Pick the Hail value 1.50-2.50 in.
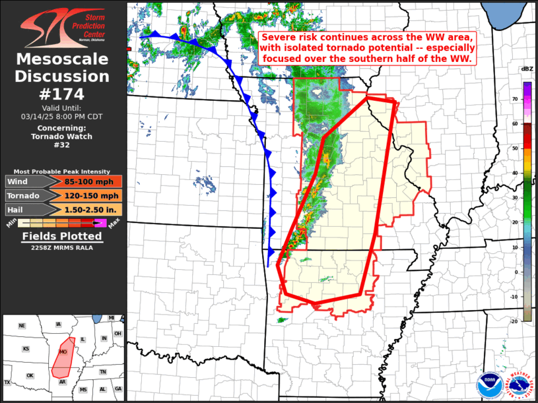pos(92,209)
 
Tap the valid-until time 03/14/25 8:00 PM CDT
pos(63,116)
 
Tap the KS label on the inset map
pos(26,348)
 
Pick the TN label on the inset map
pos(103,372)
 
